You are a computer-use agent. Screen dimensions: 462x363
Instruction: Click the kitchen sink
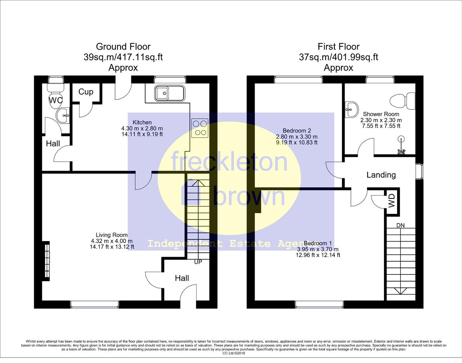170,93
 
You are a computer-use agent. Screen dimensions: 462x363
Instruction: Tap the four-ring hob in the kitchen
200,128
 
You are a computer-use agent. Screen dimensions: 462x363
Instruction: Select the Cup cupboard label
86,92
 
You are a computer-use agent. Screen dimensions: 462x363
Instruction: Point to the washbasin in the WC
63,115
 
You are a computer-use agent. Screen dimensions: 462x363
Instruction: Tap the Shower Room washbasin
352,109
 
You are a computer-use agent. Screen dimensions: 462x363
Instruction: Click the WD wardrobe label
392,201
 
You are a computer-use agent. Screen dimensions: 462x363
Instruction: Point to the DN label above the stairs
401,225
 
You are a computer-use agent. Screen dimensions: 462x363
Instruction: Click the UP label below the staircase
198,262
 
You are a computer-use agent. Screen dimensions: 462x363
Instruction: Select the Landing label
381,175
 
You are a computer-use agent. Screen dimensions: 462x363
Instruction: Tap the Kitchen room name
142,123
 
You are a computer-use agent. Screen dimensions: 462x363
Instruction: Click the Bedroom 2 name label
297,131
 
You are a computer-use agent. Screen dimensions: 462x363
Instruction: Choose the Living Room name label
112,235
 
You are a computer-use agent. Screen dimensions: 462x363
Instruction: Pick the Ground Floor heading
123,47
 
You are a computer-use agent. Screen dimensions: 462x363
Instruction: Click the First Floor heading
339,47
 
